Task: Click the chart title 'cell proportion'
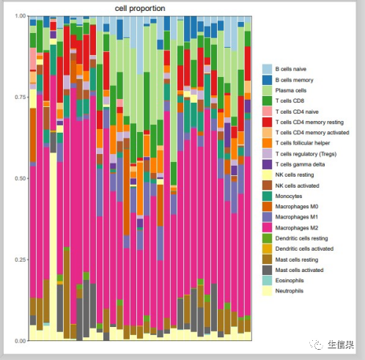click(x=140, y=9)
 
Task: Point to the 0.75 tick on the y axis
click(x=21, y=97)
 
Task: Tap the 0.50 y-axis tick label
click(x=21, y=178)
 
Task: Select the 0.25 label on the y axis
click(x=21, y=260)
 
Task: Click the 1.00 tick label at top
click(x=21, y=16)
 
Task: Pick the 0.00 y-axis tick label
click(x=21, y=341)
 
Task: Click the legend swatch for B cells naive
click(x=267, y=69)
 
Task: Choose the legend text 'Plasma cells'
click(x=291, y=90)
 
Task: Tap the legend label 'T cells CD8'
click(x=290, y=100)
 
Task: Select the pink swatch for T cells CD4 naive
click(x=267, y=111)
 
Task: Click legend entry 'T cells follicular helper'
click(x=303, y=143)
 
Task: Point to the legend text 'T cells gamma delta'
click(x=300, y=164)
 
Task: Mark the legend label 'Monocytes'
click(x=289, y=196)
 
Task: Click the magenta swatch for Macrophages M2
click(x=267, y=228)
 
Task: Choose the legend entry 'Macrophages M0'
click(x=297, y=207)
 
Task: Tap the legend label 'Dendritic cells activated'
click(x=304, y=249)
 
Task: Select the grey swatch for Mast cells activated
click(x=267, y=270)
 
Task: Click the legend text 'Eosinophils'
click(x=290, y=281)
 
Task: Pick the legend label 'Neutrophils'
click(x=290, y=291)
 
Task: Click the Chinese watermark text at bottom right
click(x=341, y=345)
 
